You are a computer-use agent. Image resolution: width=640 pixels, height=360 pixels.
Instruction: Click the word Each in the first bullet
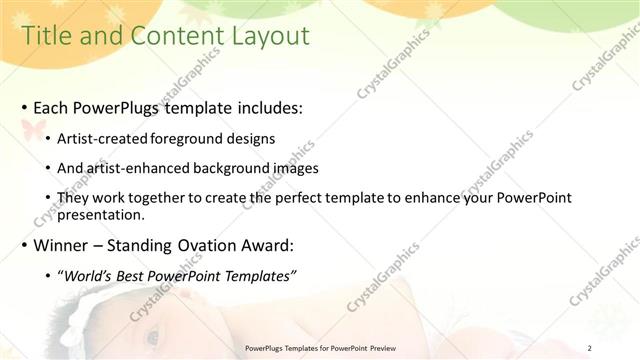(51, 107)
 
